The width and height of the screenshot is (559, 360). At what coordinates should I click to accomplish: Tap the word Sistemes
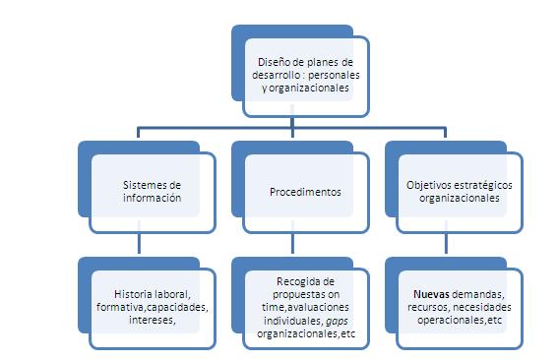(146, 185)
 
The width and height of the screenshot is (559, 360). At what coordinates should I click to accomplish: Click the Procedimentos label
(305, 192)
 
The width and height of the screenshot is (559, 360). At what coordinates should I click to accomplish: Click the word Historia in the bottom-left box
(135, 294)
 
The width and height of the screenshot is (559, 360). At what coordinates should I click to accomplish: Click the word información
(153, 198)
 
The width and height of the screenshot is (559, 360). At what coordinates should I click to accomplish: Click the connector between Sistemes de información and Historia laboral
(138, 244)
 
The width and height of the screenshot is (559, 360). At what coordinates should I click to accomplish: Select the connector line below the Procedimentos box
(292, 244)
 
